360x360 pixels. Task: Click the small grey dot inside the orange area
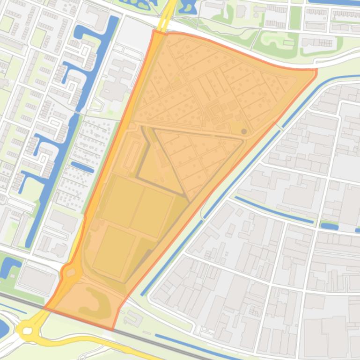click(244, 132)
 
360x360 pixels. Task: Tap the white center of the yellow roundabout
click(27, 331)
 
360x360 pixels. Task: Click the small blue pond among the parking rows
click(82, 167)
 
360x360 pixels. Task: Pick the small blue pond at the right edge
click(329, 226)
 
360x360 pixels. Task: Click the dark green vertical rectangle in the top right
click(295, 17)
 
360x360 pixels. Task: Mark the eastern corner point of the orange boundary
click(316, 70)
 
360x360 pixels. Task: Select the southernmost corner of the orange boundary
click(113, 329)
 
